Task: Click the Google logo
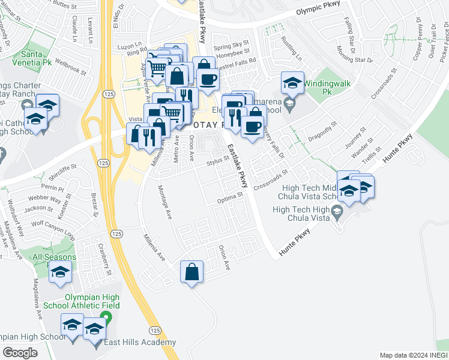20,352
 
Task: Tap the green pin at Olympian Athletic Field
106,317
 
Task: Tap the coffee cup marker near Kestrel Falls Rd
208,79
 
